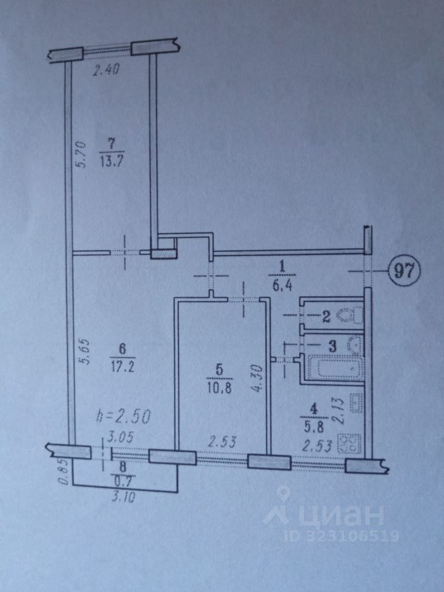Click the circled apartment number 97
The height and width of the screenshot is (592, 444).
coord(404,270)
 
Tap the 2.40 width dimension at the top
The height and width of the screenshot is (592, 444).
coord(105,70)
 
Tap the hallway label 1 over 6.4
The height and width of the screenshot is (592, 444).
coord(282,274)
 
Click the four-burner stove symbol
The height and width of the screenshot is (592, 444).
coord(352,445)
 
